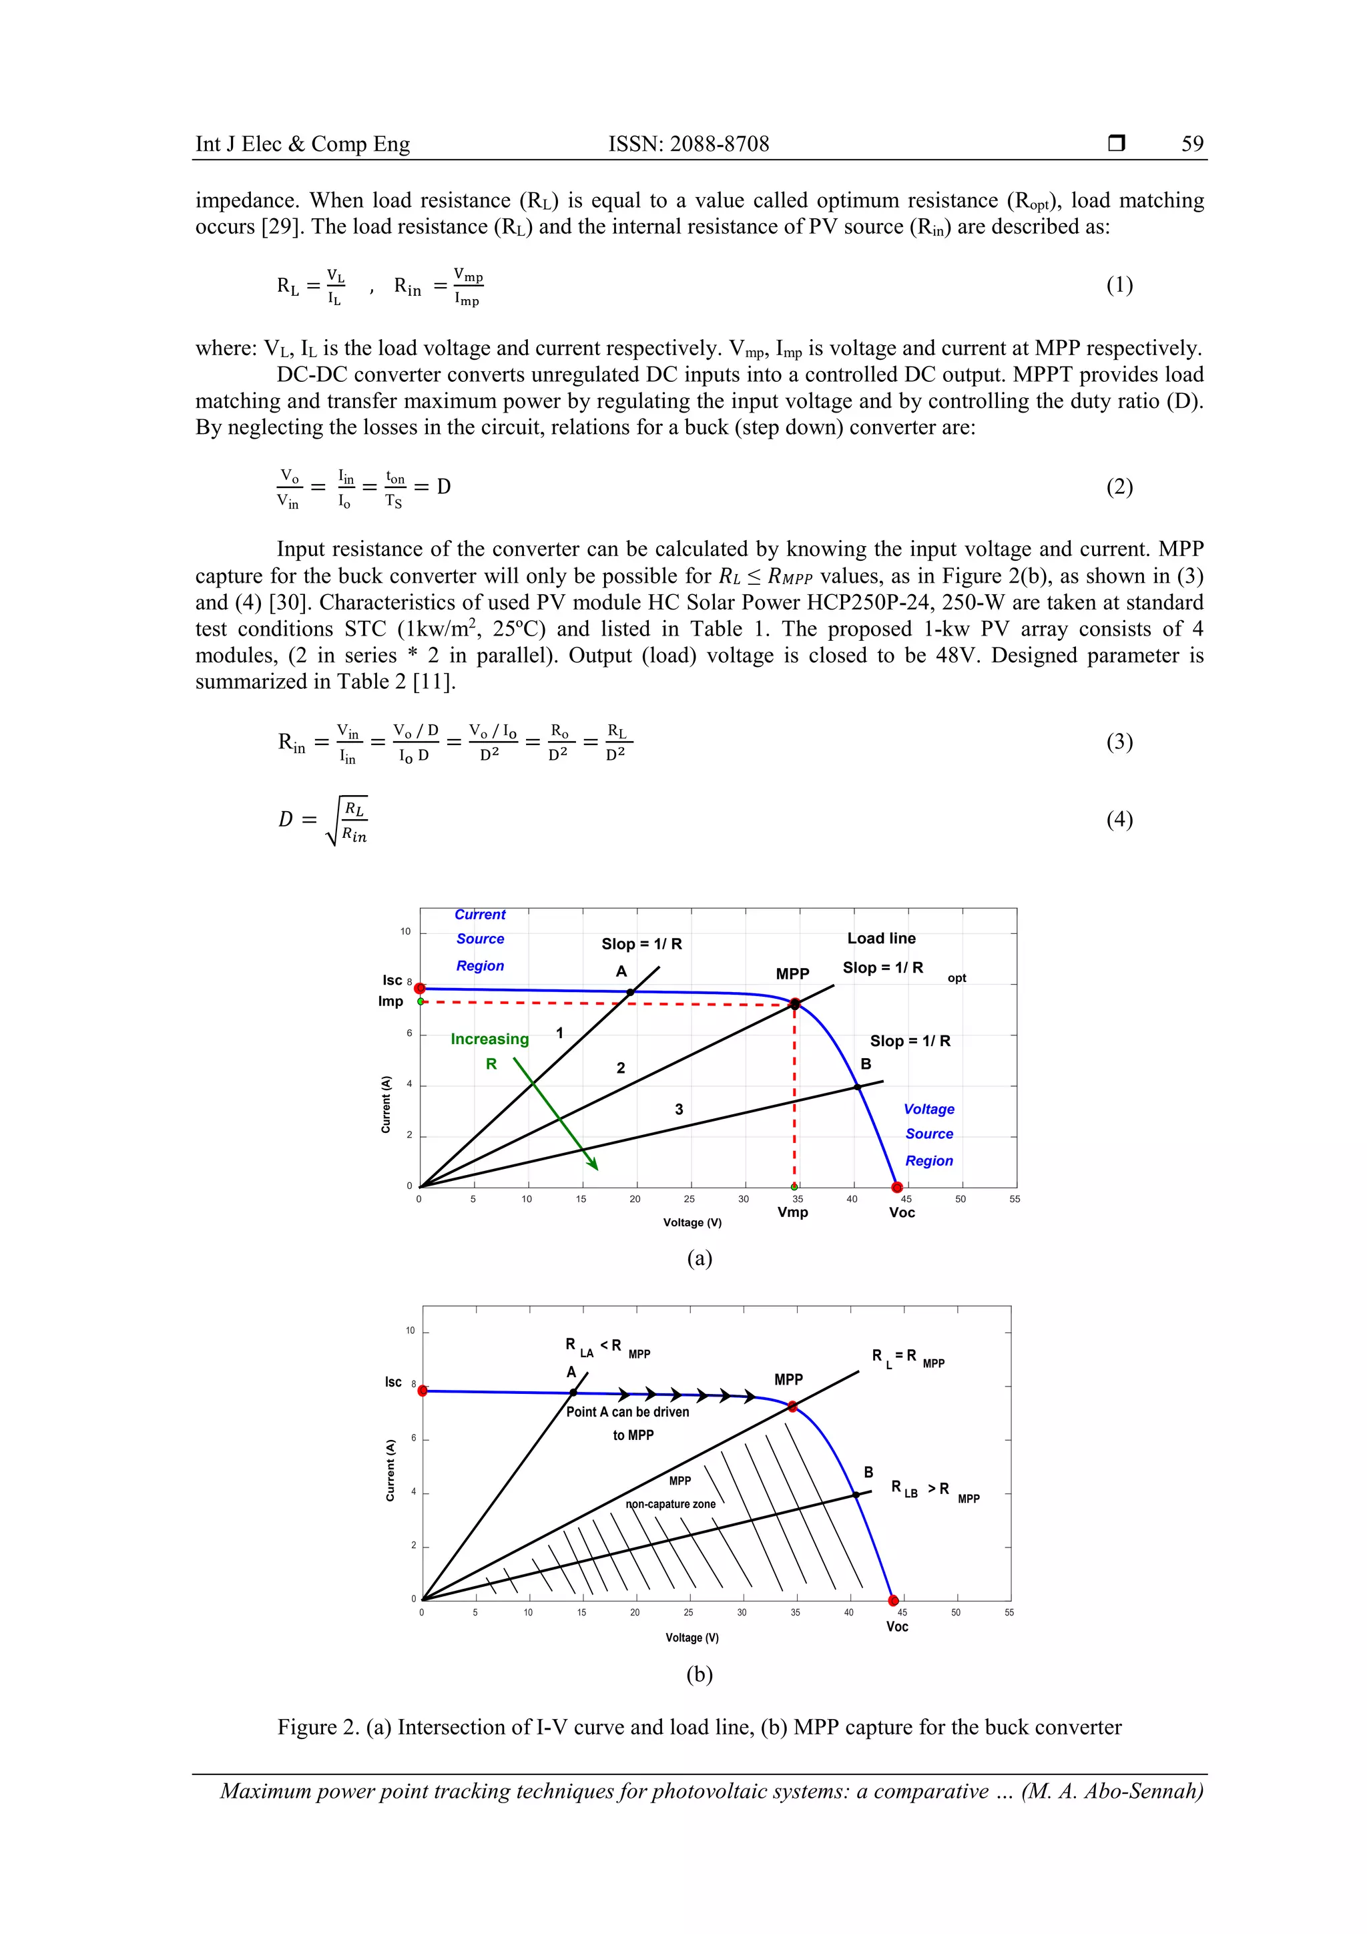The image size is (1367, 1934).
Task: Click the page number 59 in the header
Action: pos(1192,144)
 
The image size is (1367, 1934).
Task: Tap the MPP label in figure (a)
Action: pos(792,974)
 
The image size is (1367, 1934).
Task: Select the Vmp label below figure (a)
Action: pos(792,1212)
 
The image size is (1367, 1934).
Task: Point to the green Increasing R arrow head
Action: pos(595,1167)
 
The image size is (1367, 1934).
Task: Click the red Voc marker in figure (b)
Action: pos(894,1600)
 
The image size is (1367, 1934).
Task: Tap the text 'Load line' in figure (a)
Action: pos(881,939)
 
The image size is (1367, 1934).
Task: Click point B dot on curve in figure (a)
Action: pos(858,1087)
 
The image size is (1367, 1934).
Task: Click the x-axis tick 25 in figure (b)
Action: pos(688,1612)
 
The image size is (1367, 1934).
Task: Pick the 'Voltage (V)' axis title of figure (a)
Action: pos(692,1222)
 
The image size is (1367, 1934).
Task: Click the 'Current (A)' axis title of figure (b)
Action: pos(390,1470)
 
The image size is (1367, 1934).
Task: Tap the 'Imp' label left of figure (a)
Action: pos(391,1001)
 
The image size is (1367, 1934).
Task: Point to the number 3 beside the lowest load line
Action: pos(679,1110)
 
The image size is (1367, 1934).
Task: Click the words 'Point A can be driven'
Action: pos(627,1412)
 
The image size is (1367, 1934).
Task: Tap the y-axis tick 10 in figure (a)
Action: pos(405,932)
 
